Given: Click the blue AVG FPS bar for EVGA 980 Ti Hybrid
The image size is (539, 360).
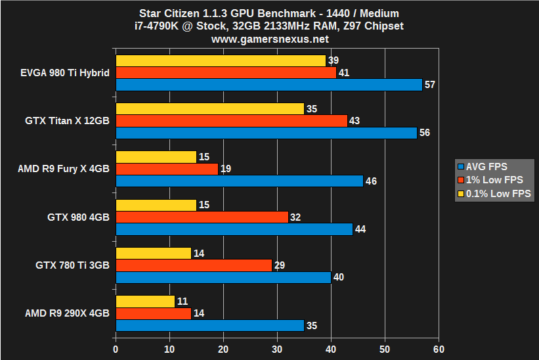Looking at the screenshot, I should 269,85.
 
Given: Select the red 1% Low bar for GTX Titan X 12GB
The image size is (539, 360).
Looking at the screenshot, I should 231,121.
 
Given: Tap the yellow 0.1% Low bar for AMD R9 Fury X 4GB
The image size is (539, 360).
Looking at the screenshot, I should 156,157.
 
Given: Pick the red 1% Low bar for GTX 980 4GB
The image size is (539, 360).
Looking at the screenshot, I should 202,217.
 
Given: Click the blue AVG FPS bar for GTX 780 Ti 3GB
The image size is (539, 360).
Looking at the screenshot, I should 223,277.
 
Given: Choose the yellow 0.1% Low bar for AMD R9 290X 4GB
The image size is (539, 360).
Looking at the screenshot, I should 145,302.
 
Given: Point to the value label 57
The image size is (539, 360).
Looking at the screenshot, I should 431,85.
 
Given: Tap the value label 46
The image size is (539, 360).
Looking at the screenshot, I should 372,181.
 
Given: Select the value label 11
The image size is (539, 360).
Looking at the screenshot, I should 183,302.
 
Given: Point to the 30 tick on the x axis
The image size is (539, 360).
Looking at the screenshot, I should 277,349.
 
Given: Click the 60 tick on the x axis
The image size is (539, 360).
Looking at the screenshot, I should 439,349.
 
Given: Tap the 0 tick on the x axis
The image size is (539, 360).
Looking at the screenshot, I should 116,349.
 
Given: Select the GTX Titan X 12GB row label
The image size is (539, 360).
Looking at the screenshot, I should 67,121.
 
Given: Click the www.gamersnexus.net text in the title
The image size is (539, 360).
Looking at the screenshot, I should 269,39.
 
